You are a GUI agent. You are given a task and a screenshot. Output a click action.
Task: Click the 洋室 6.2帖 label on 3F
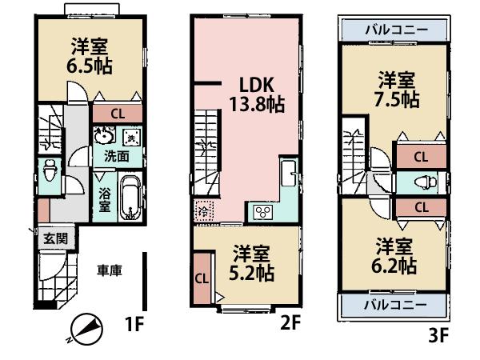pyautogui.click(x=396, y=254)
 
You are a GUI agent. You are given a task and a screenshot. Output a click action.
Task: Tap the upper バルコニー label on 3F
pyautogui.click(x=395, y=30)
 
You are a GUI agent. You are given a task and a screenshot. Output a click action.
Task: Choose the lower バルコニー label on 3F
pyautogui.click(x=395, y=305)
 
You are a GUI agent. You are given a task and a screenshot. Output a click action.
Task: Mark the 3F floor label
pyautogui.click(x=438, y=336)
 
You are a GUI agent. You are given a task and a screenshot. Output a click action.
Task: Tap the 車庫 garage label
pyautogui.click(x=110, y=271)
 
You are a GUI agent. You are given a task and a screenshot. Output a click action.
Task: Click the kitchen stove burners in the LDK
pyautogui.click(x=263, y=211)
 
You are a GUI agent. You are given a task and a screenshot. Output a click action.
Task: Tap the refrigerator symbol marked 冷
pyautogui.click(x=203, y=213)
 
